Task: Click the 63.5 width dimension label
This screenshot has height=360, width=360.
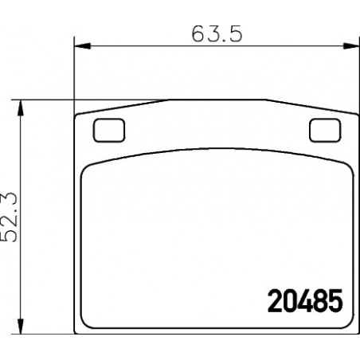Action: pyautogui.click(x=217, y=34)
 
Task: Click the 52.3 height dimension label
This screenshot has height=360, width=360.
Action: pyautogui.click(x=10, y=217)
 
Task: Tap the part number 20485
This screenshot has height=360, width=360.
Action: pyautogui.click(x=305, y=301)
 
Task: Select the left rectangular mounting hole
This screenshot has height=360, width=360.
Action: pyautogui.click(x=109, y=130)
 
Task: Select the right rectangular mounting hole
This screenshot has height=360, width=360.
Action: pyautogui.click(x=325, y=130)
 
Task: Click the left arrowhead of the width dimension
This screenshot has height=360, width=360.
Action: pyautogui.click(x=82, y=46)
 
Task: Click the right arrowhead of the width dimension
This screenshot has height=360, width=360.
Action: pyautogui.click(x=351, y=46)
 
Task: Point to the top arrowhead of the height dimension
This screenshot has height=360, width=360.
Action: pyautogui.click(x=20, y=108)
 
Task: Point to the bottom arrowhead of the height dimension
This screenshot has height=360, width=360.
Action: pyautogui.click(x=20, y=326)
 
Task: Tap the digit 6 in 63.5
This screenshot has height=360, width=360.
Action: pyautogui.click(x=198, y=34)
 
